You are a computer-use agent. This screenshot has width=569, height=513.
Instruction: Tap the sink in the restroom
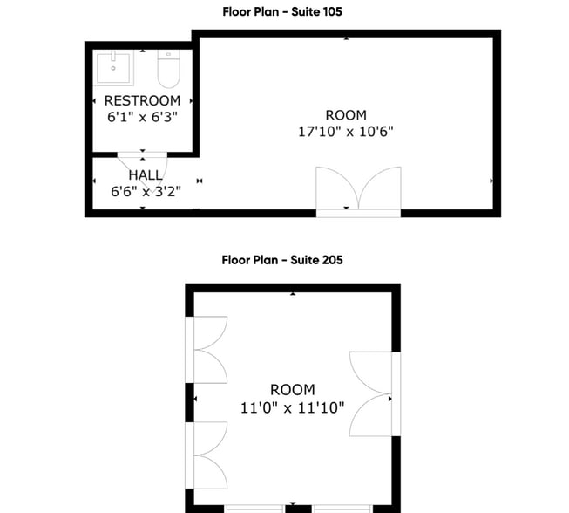[114, 66]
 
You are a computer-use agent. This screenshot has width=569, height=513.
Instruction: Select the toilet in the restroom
[168, 65]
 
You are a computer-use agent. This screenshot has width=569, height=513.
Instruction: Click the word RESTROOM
[142, 101]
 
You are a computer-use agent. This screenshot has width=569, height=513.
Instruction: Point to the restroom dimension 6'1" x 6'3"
[142, 117]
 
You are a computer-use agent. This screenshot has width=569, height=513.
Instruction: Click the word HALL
[145, 175]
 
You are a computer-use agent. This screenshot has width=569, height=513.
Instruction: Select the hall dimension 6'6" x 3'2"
[145, 192]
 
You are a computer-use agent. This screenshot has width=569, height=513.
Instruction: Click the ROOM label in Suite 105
[346, 115]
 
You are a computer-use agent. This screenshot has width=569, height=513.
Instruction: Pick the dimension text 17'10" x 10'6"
[346, 132]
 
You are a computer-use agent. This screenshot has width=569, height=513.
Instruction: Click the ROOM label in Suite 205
[292, 390]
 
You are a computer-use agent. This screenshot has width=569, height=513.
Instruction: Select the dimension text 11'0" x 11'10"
[292, 407]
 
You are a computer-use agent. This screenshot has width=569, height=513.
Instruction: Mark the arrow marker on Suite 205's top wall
[294, 294]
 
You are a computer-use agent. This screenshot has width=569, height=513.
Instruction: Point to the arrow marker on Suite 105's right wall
[492, 181]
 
